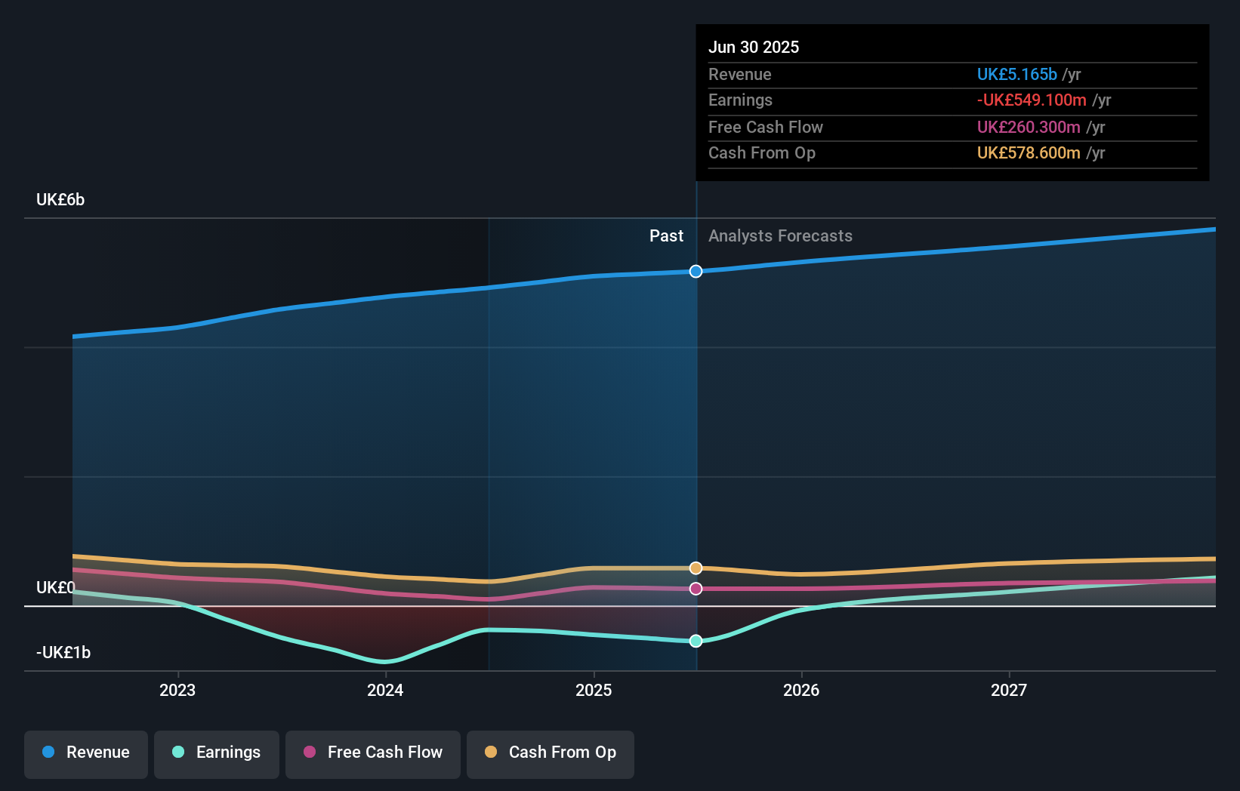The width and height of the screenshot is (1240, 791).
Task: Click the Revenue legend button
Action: click(x=86, y=753)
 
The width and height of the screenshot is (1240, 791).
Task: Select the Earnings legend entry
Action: click(x=217, y=753)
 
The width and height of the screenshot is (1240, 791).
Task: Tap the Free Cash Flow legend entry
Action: click(x=373, y=753)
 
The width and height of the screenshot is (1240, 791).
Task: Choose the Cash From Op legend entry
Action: click(x=551, y=753)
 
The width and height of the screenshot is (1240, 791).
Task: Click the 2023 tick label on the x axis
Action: click(x=177, y=690)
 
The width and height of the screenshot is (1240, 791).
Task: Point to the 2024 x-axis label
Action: click(x=385, y=690)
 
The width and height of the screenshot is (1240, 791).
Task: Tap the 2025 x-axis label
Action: click(x=594, y=690)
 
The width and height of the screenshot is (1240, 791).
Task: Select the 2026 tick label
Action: click(x=801, y=690)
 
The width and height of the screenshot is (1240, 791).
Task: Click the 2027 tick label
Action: click(x=1009, y=690)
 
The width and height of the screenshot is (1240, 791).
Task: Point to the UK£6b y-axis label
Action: click(x=60, y=200)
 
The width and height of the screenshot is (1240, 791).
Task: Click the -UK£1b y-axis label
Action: click(x=63, y=653)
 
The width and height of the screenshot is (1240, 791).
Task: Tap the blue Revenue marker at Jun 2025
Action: click(x=696, y=271)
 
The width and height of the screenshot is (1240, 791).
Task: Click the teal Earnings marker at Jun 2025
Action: click(x=696, y=641)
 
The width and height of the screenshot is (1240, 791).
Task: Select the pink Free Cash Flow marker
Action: click(x=696, y=589)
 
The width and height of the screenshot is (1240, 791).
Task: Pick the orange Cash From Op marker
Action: click(x=696, y=568)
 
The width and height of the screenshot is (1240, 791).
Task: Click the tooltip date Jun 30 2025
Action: click(x=753, y=47)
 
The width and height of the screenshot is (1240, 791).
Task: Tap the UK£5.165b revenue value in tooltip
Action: click(x=1016, y=74)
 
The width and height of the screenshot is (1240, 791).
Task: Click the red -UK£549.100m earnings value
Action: click(x=1032, y=100)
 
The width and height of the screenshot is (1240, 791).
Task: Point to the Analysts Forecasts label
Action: click(x=780, y=236)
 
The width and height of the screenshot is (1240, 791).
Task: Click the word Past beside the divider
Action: click(x=666, y=236)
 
